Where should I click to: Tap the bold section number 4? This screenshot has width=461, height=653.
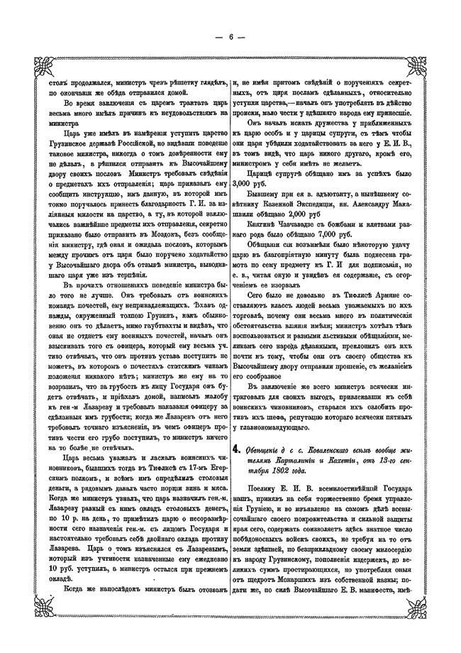(238, 449)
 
